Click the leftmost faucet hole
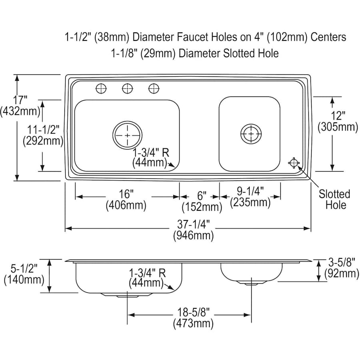(101, 88)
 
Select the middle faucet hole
(128, 88)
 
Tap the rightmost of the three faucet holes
(154, 88)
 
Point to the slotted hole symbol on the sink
(294, 162)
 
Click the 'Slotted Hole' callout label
(335, 200)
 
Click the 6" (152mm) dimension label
(202, 202)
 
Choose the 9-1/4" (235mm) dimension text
(250, 197)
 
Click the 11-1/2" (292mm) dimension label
(43, 136)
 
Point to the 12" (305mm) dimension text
(338, 122)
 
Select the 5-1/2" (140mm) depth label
(24, 274)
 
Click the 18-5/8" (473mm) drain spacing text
(193, 318)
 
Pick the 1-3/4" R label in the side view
(147, 273)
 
